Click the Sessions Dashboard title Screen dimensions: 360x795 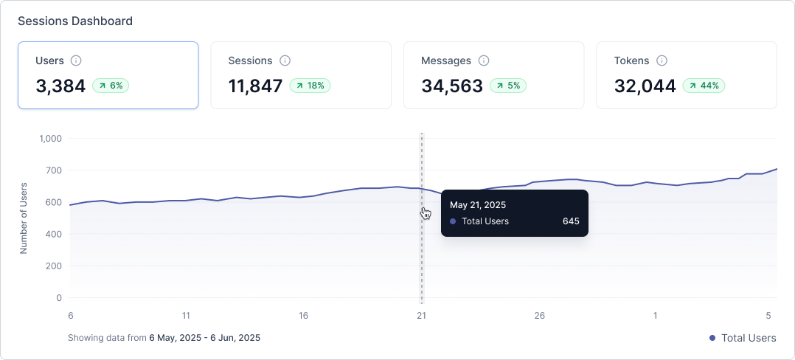75,21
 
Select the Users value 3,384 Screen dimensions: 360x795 60,86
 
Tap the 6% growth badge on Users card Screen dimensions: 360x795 111,86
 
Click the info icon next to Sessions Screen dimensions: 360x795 285,60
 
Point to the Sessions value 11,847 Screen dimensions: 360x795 255,86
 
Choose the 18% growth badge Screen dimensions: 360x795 310,86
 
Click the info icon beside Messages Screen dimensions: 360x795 484,60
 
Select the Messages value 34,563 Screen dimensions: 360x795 452,86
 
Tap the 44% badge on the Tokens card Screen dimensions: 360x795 704,86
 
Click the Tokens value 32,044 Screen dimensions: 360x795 645,86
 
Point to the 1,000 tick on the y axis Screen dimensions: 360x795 51,139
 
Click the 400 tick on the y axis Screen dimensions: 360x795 54,235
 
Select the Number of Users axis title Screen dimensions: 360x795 24,218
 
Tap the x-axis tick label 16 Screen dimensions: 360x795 304,316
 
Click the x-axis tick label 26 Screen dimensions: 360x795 540,316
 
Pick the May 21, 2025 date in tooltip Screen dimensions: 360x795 478,205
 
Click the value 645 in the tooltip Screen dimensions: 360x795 571,221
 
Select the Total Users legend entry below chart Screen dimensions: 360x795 743,338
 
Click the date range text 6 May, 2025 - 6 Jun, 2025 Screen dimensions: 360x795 204,338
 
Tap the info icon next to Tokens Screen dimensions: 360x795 662,60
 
